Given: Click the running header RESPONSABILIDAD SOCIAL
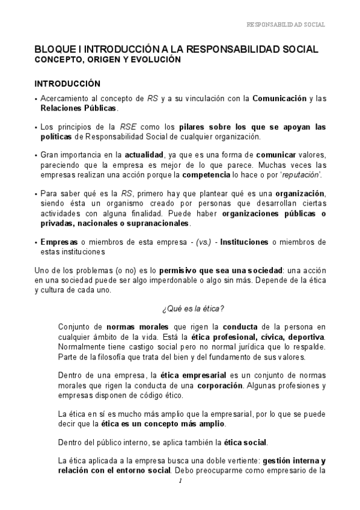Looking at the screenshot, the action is coord(286,25).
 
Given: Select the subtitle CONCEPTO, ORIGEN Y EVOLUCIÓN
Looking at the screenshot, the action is coord(108,60).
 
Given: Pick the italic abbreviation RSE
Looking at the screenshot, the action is coord(128,127).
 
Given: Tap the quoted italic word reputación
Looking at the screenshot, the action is coord(300,174).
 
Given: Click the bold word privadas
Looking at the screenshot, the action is coord(56,223).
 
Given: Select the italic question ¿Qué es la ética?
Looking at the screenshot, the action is coord(192,309).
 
